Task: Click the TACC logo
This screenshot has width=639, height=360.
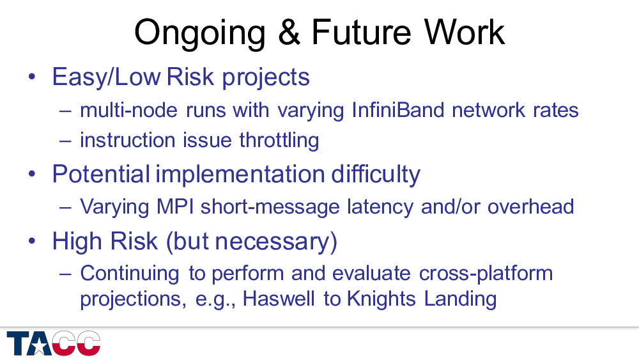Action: click(x=54, y=343)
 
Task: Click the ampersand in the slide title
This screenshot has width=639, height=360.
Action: click(x=289, y=32)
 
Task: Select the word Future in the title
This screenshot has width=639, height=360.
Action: click(x=361, y=32)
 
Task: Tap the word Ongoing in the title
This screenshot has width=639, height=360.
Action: click(x=199, y=35)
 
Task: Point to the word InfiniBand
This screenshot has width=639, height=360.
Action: click(x=397, y=110)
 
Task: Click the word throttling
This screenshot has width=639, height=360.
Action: click(x=279, y=141)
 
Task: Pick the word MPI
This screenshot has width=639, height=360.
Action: click(x=175, y=207)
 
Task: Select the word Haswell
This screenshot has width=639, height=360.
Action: click(x=279, y=299)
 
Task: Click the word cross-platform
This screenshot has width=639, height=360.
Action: click(x=486, y=274)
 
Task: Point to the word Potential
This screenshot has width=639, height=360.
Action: click(x=101, y=174)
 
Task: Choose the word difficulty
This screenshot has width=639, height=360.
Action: click(x=375, y=175)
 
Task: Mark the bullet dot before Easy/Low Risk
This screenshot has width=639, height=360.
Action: click(x=32, y=77)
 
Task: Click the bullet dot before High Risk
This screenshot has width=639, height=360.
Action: click(x=32, y=241)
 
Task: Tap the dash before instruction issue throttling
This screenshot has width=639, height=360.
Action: click(x=65, y=141)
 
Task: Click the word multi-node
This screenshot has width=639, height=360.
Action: click(x=129, y=110)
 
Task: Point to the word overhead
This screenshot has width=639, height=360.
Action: click(x=530, y=207)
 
